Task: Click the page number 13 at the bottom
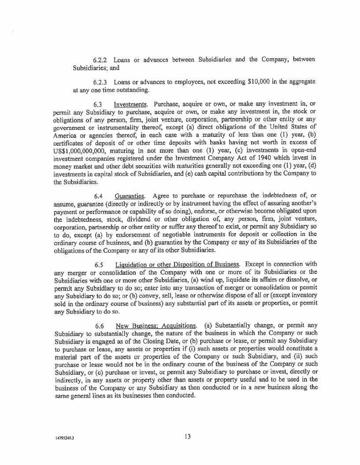coord(188,436)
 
